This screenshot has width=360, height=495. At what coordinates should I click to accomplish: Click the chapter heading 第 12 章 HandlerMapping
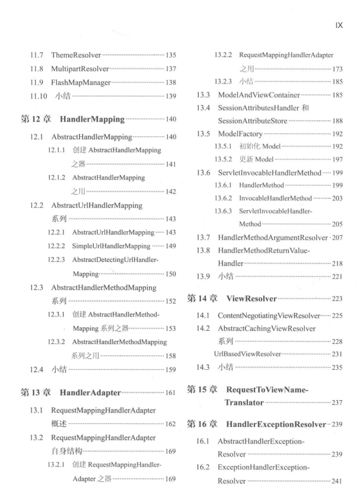(x=77, y=135)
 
